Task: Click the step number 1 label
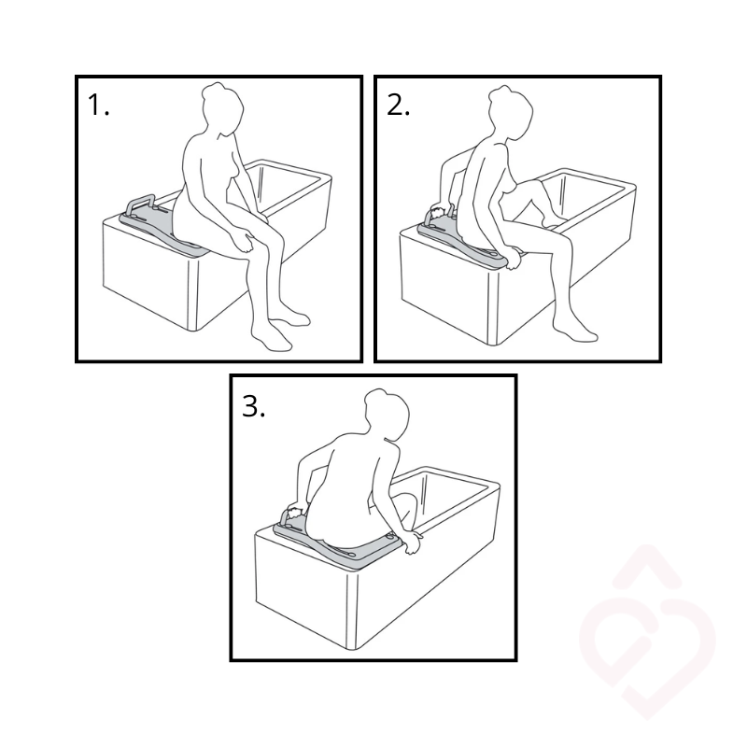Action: pos(99,105)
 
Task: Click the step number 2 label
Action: pos(398,105)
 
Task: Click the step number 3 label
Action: pos(253,406)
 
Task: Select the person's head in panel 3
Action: pos(387,414)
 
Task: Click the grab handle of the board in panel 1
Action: pos(139,203)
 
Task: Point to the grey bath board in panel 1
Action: pos(162,229)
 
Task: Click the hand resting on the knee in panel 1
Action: pos(245,242)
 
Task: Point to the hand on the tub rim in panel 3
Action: pos(413,543)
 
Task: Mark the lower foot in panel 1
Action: pos(272,337)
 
